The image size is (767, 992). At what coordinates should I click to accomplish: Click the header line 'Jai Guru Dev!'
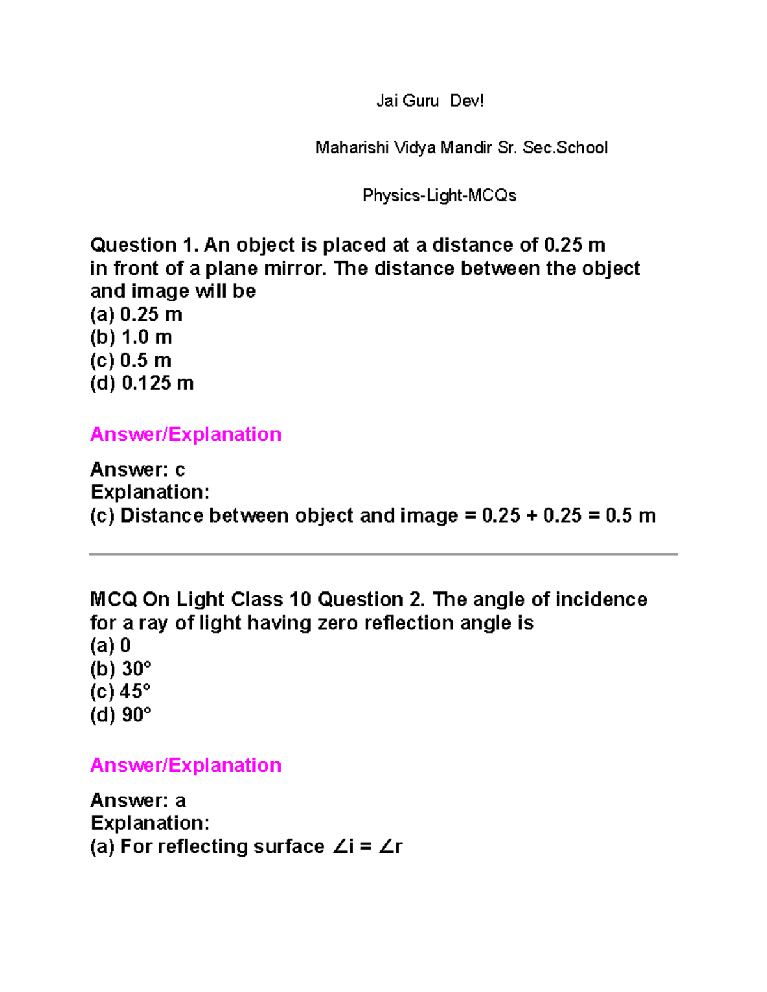(430, 101)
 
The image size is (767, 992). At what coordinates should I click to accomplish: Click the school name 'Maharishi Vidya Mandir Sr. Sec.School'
(461, 148)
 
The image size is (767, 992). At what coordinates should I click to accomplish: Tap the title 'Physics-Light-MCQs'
(439, 195)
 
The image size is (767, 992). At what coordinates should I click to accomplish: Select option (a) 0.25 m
(136, 314)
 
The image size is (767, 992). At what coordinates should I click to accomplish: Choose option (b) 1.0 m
(131, 337)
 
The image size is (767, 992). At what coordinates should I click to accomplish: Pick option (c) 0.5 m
(130, 360)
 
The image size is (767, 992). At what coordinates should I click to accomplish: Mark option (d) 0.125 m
(142, 383)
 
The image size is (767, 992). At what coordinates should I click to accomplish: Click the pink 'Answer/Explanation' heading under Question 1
(185, 434)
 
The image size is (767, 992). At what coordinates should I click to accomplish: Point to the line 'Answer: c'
(137, 469)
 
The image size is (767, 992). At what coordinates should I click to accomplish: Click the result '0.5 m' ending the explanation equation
(630, 515)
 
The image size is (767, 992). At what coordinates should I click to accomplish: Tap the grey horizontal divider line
(383, 554)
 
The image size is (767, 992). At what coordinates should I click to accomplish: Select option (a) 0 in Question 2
(111, 646)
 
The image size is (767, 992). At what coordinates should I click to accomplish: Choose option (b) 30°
(121, 669)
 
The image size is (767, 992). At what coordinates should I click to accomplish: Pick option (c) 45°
(120, 692)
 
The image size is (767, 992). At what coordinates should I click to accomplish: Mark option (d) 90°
(121, 715)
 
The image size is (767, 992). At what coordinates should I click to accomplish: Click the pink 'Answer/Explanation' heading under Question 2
(185, 765)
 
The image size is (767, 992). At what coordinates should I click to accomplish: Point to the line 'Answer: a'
(137, 800)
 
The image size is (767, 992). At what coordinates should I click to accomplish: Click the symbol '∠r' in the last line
(390, 846)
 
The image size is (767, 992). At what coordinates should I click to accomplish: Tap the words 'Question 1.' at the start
(144, 245)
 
